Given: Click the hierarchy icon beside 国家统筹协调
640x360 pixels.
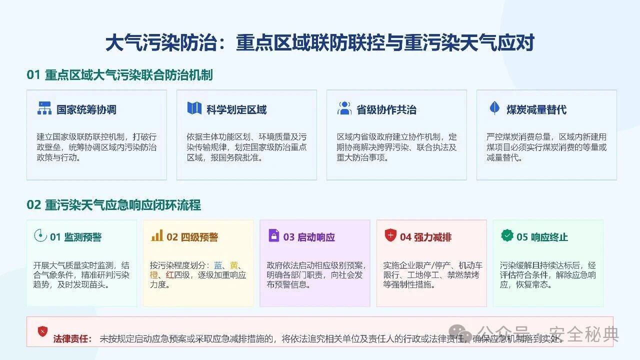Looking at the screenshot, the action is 44,108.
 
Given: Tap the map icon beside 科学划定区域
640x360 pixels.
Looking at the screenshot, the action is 194,108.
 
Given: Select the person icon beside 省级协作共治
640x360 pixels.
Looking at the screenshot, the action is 344,108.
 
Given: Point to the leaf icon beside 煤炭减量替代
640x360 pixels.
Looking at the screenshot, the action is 494,107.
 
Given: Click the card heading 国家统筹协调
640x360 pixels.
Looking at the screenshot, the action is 86,109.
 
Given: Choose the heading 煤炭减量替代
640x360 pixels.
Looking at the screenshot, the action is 536,109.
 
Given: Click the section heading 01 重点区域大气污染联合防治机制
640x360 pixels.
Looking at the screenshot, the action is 119,75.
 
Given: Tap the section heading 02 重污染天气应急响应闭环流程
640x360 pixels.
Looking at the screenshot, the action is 113,205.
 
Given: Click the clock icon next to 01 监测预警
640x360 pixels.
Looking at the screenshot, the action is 40,235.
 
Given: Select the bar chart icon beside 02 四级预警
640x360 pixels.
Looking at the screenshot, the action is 157,235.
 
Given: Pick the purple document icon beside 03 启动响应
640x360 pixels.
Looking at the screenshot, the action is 273,235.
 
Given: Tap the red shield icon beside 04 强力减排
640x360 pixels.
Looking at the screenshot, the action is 390,235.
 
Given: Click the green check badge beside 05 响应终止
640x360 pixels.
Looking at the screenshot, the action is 507,235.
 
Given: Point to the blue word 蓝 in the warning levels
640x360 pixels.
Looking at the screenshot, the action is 217,265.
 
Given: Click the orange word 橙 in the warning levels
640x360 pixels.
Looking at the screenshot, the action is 153,275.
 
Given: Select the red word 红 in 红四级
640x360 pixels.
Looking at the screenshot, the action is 169,275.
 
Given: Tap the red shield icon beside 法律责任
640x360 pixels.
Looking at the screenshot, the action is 42,331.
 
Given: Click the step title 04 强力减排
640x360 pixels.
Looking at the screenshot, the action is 425,237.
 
